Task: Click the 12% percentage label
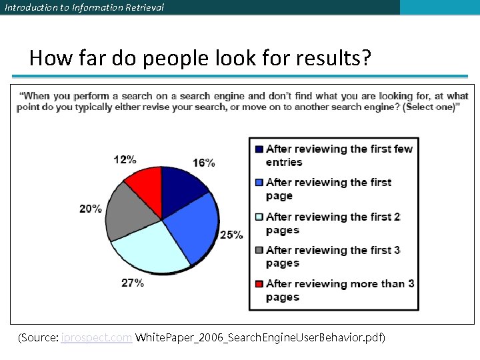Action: coord(125,159)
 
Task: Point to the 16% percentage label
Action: coord(204,163)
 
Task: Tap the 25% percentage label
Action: coord(232,235)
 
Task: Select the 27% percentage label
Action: coord(132,283)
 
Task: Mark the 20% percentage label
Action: coord(91,209)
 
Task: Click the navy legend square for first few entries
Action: coord(259,149)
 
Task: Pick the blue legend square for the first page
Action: coord(259,182)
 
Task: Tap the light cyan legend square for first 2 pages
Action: coord(259,217)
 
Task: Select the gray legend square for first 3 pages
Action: coord(259,250)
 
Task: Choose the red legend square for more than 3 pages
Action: coord(259,283)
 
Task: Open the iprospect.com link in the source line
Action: coord(96,338)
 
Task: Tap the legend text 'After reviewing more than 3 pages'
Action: coord(339,290)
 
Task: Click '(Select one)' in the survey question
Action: coord(429,107)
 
